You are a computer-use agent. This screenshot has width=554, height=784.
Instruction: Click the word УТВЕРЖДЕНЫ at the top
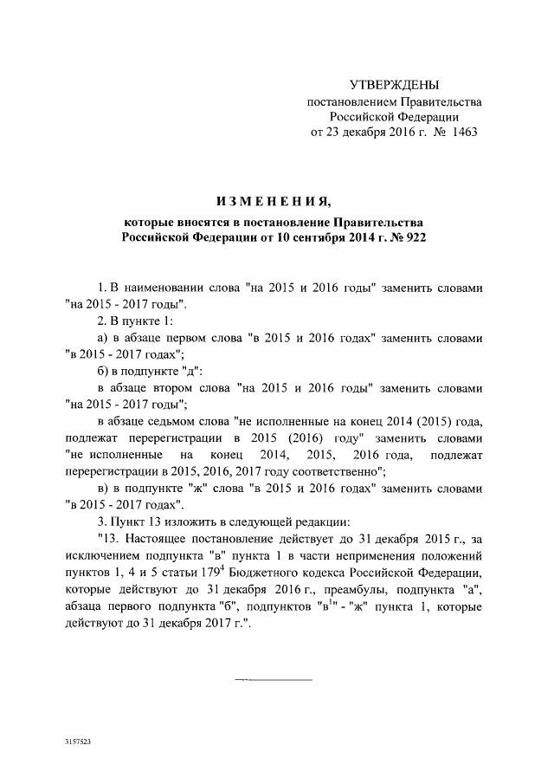tap(394, 85)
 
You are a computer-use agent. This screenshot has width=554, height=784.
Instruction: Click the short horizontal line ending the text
tap(273, 679)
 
